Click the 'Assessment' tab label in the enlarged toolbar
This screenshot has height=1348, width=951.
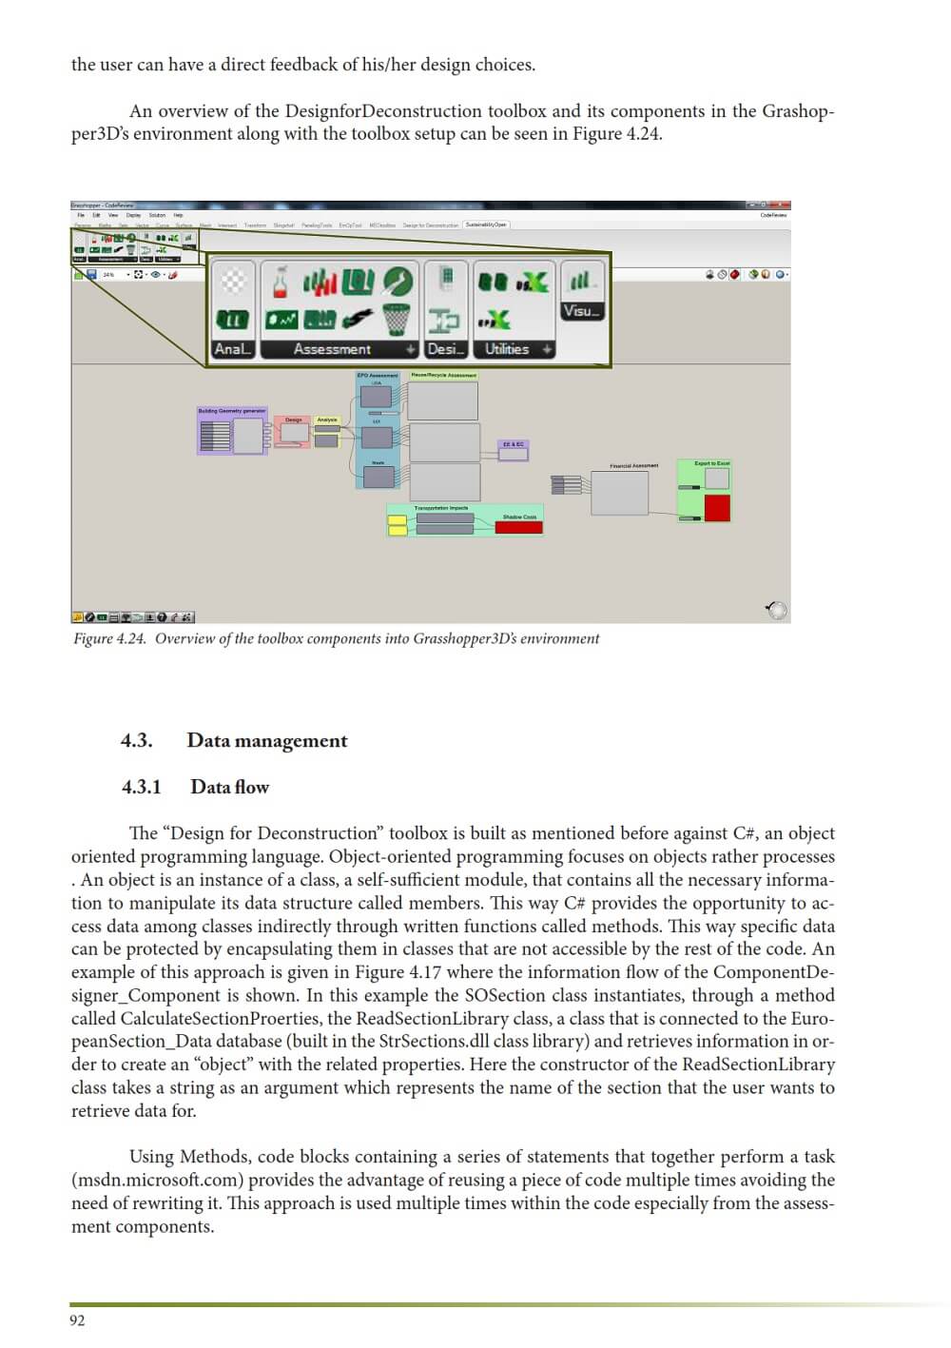[332, 350]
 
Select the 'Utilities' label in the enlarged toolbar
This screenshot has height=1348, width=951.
[507, 350]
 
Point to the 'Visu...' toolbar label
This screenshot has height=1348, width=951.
[582, 311]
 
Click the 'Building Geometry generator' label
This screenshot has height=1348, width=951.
[232, 411]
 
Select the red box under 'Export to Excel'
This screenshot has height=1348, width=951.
[717, 508]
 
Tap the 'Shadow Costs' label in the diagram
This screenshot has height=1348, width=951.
[519, 517]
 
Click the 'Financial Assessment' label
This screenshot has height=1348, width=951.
[633, 466]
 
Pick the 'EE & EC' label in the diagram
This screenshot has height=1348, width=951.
[513, 444]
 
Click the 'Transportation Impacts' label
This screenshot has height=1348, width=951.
[440, 508]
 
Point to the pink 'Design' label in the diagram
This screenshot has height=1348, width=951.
[294, 420]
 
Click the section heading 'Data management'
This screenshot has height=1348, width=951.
[267, 741]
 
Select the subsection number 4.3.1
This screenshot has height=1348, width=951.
[141, 787]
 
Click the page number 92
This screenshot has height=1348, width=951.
[77, 1320]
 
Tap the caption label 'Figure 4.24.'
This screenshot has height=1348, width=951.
[110, 639]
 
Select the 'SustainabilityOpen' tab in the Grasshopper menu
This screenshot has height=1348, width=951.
[486, 225]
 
